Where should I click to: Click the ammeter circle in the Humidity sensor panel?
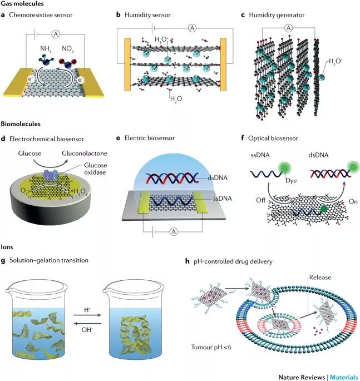(192, 28)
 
